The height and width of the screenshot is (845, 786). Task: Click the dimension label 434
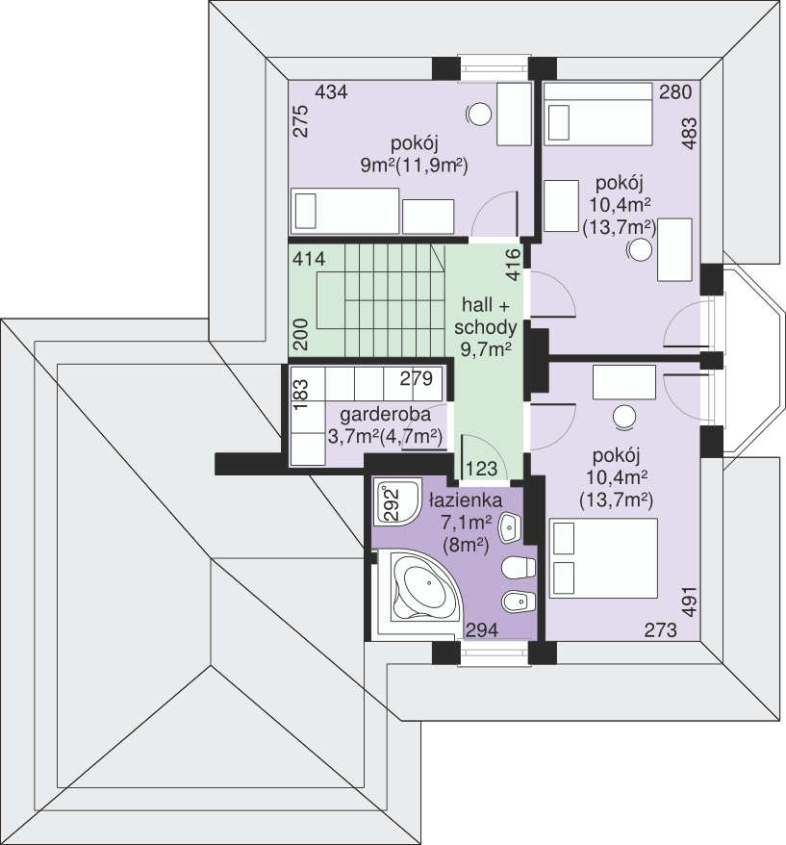(331, 92)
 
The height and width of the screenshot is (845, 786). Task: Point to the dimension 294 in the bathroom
(482, 630)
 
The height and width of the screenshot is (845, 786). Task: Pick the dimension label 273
(662, 630)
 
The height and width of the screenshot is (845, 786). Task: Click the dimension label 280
(675, 92)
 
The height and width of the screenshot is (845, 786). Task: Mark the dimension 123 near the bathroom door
(481, 469)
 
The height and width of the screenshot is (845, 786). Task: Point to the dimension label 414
(310, 259)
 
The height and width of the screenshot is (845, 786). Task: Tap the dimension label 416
(513, 266)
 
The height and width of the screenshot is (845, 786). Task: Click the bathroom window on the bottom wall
(492, 654)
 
